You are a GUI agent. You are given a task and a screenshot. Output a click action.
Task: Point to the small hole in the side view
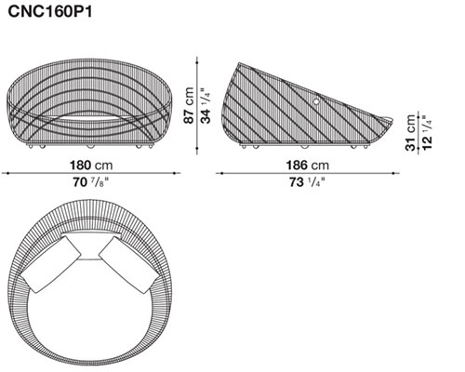click(x=316, y=100)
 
